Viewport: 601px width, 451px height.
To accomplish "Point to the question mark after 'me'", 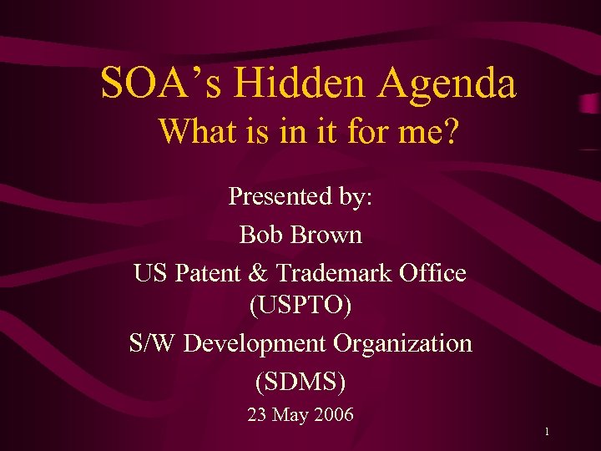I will tap(451, 131).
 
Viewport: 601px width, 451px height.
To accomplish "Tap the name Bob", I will tap(257, 235).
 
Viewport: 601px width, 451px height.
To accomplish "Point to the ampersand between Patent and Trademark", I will tap(263, 273).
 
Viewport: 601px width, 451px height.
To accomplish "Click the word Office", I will tap(436, 273).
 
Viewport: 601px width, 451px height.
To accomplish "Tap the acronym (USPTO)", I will tap(300, 306).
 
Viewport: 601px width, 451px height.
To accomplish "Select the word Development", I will tap(255, 343).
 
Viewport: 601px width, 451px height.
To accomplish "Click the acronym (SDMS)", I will tap(300, 381).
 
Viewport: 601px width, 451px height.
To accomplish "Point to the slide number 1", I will tap(545, 432).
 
